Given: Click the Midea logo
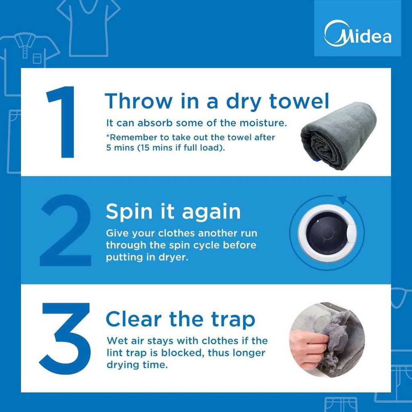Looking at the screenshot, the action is tap(358, 33).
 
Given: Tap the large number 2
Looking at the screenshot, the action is tap(66, 230).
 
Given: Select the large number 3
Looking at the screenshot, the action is tap(65, 338).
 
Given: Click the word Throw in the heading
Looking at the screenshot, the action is tap(138, 101).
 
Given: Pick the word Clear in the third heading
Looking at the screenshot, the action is tap(134, 319).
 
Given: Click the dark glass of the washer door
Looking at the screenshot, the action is tap(327, 233).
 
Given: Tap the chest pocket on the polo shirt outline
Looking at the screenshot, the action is tap(37, 58).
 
